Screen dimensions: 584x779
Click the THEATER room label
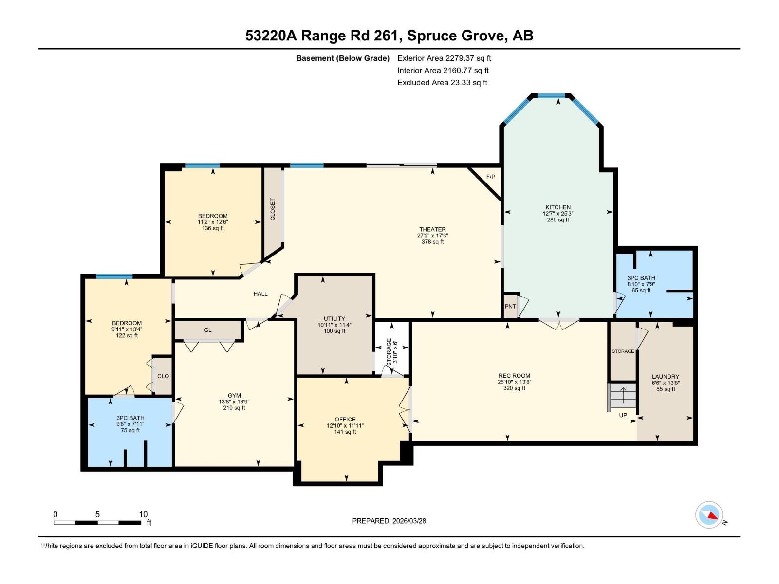tap(432, 229)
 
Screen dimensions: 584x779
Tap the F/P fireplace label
tap(490, 177)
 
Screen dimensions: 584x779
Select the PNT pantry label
tap(510, 307)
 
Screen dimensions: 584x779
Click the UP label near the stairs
tap(623, 415)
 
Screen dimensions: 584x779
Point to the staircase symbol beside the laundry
tap(622, 396)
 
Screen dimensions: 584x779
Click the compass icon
tap(709, 515)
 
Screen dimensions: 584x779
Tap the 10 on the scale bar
tap(143, 514)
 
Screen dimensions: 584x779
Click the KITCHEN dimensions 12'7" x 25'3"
tap(558, 214)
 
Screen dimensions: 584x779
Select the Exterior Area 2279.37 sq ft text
tap(444, 58)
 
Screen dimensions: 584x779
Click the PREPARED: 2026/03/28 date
tap(389, 521)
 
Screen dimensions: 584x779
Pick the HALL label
tap(260, 294)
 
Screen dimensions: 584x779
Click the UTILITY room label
tap(334, 319)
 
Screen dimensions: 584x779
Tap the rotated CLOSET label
tap(273, 209)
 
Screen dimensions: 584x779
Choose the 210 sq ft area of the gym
tap(234, 408)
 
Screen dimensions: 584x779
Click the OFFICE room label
tap(345, 419)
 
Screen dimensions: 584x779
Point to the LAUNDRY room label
tap(665, 377)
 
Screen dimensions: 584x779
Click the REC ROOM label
tap(514, 376)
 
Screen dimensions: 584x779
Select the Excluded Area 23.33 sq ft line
tap(442, 83)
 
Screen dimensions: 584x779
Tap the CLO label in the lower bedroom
tap(163, 376)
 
